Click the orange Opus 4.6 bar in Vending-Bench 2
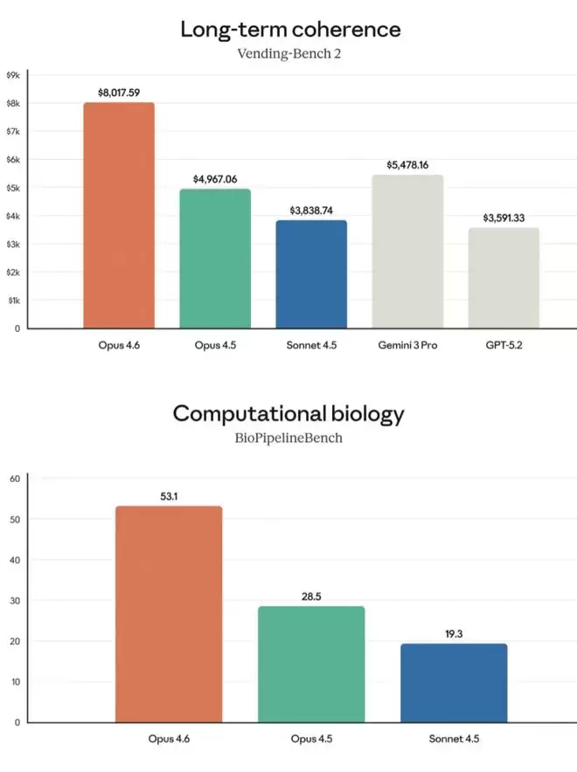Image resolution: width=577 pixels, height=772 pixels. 119,216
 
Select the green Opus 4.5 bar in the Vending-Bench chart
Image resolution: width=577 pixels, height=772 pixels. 215,258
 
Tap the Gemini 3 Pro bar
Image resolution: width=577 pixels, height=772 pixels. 407,252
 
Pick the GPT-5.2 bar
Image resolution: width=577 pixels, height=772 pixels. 504,278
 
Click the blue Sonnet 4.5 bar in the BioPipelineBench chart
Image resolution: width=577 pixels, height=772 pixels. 454,683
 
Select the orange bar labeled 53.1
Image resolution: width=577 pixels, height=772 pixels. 168,614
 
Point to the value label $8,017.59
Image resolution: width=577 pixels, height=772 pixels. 119,91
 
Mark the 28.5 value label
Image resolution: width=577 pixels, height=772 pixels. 310,596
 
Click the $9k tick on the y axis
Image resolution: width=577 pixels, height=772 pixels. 13,75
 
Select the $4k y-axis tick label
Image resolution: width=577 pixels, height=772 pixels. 13,216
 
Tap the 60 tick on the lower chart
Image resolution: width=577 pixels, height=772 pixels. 14,478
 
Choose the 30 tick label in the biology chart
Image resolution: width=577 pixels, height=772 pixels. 14,600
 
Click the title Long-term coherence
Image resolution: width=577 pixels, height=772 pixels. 289,29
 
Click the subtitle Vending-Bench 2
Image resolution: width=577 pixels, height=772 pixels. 289,54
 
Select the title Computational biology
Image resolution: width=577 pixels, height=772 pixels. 289,413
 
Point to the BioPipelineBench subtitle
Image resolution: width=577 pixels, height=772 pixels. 289,438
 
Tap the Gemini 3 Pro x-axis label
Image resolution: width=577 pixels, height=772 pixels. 407,345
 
